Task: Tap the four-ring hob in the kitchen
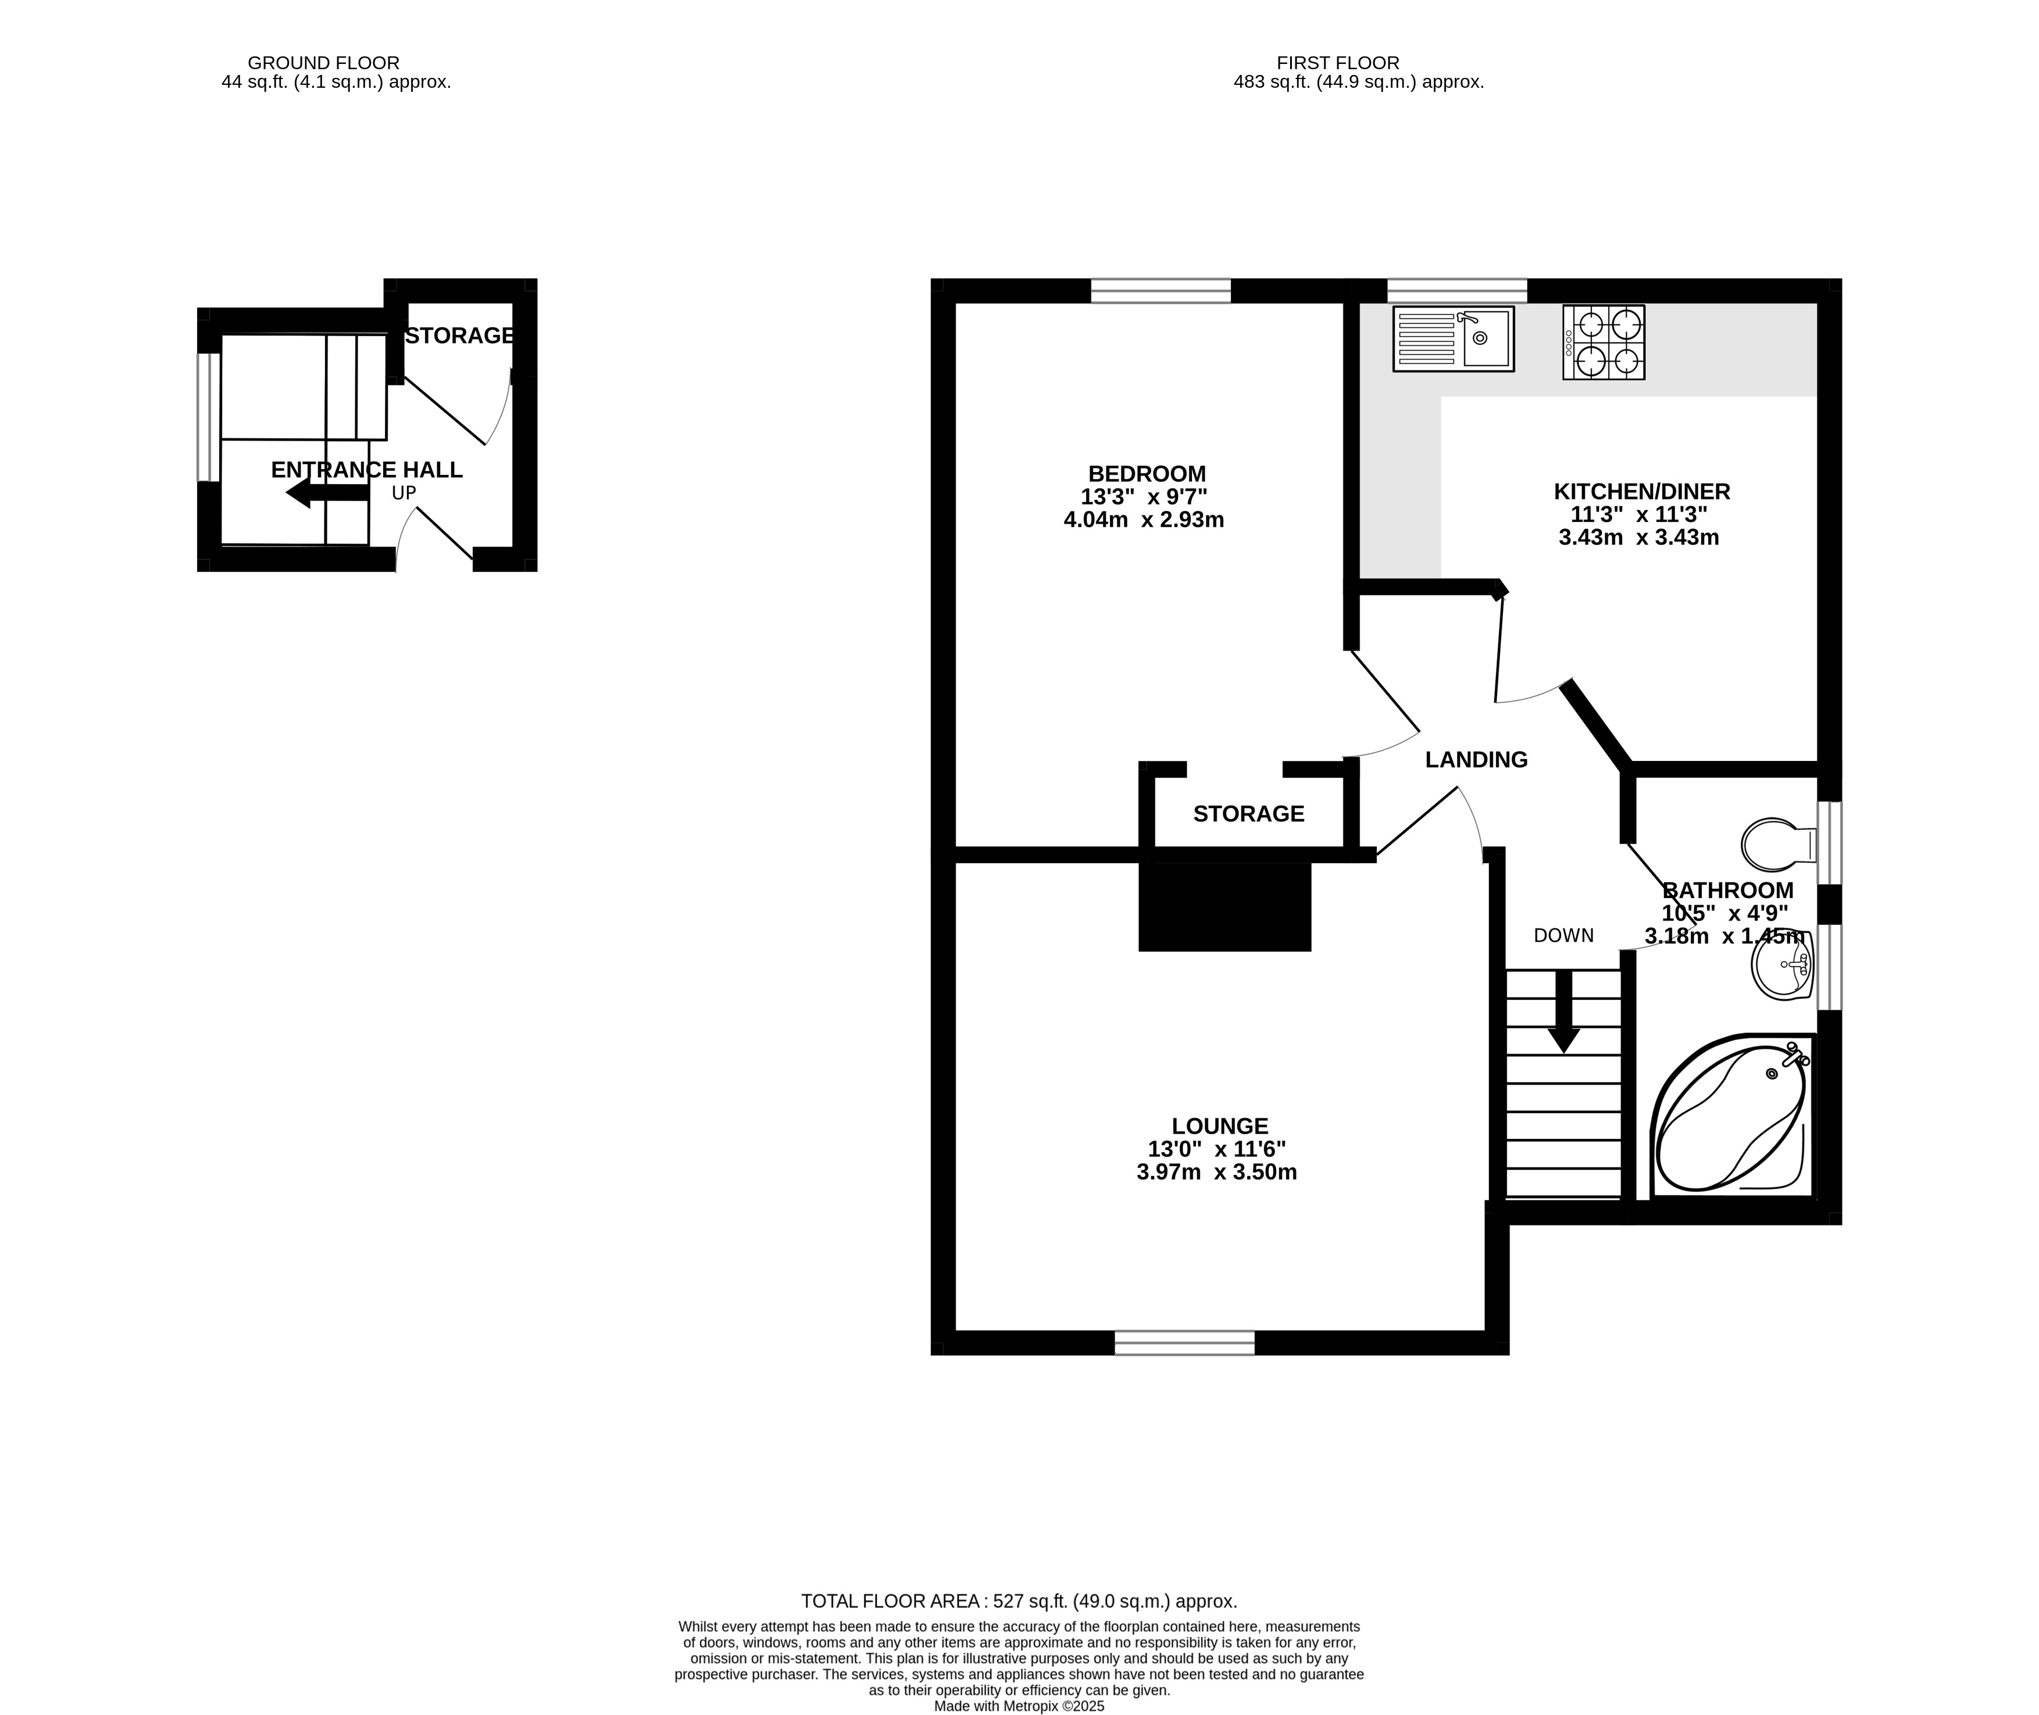[1604, 342]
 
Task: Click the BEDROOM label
[1147, 473]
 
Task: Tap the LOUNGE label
[1219, 1126]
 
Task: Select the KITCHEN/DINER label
[1641, 492]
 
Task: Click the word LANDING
[1476, 759]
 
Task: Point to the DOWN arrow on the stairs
[1563, 1011]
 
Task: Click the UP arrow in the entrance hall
[327, 493]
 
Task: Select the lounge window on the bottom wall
[1184, 1342]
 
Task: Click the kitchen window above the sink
[1456, 291]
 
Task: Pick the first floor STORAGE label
[1248, 814]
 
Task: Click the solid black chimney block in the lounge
[1225, 907]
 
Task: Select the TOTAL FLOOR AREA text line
[1019, 1601]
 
